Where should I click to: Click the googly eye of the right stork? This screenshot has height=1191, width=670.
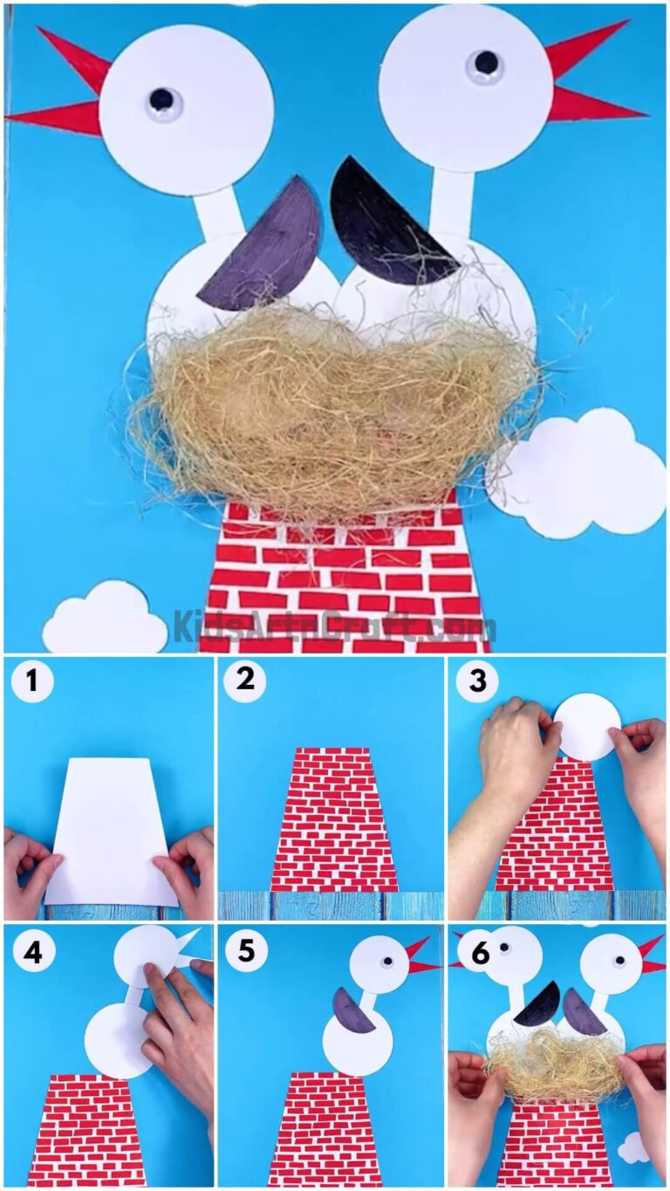point(485,64)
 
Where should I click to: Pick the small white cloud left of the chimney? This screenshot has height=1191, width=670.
point(104,619)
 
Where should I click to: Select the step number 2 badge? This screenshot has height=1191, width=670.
point(245,680)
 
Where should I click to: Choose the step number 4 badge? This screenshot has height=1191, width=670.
point(32,952)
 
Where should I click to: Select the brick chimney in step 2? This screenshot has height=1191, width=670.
point(332,820)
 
